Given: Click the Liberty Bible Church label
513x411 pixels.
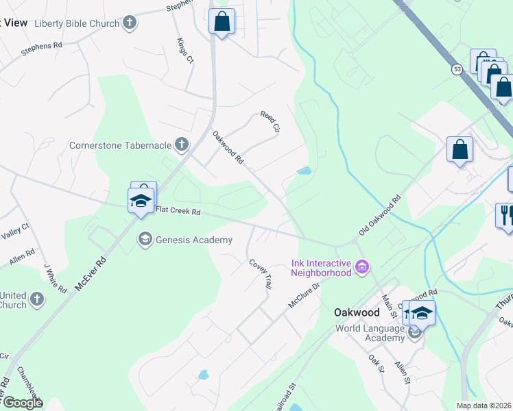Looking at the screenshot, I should (76, 23).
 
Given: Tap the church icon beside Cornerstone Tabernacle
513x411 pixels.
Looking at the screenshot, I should (182, 144).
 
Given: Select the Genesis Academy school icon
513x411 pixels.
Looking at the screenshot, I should (145, 239).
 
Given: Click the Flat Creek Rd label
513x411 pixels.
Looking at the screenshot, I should (178, 212).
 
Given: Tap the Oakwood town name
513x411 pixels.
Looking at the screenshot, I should (357, 312).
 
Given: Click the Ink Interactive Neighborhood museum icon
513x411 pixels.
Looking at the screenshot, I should (362, 266).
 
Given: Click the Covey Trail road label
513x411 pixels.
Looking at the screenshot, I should (261, 273).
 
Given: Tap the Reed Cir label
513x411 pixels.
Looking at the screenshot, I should (271, 121).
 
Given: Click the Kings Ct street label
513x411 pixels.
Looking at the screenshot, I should (185, 51).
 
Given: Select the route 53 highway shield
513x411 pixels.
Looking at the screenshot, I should (457, 69).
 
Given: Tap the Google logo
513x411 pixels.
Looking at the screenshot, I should (22, 403).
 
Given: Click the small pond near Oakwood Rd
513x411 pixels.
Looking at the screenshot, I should (304, 171).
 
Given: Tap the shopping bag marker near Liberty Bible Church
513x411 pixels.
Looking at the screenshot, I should (222, 21).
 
